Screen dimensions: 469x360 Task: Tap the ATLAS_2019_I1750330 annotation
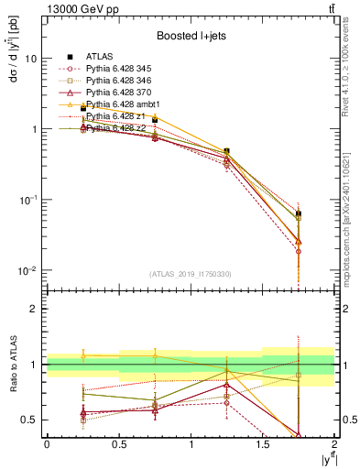[x=190, y=273]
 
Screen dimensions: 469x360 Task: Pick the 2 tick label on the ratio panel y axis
[x=35, y=310]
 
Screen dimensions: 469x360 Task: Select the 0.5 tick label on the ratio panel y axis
[x=29, y=420]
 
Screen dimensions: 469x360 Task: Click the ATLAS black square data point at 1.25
[x=226, y=150]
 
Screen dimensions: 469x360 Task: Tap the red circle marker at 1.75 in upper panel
[x=299, y=251]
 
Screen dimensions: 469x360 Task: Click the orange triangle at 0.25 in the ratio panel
[x=82, y=355]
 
